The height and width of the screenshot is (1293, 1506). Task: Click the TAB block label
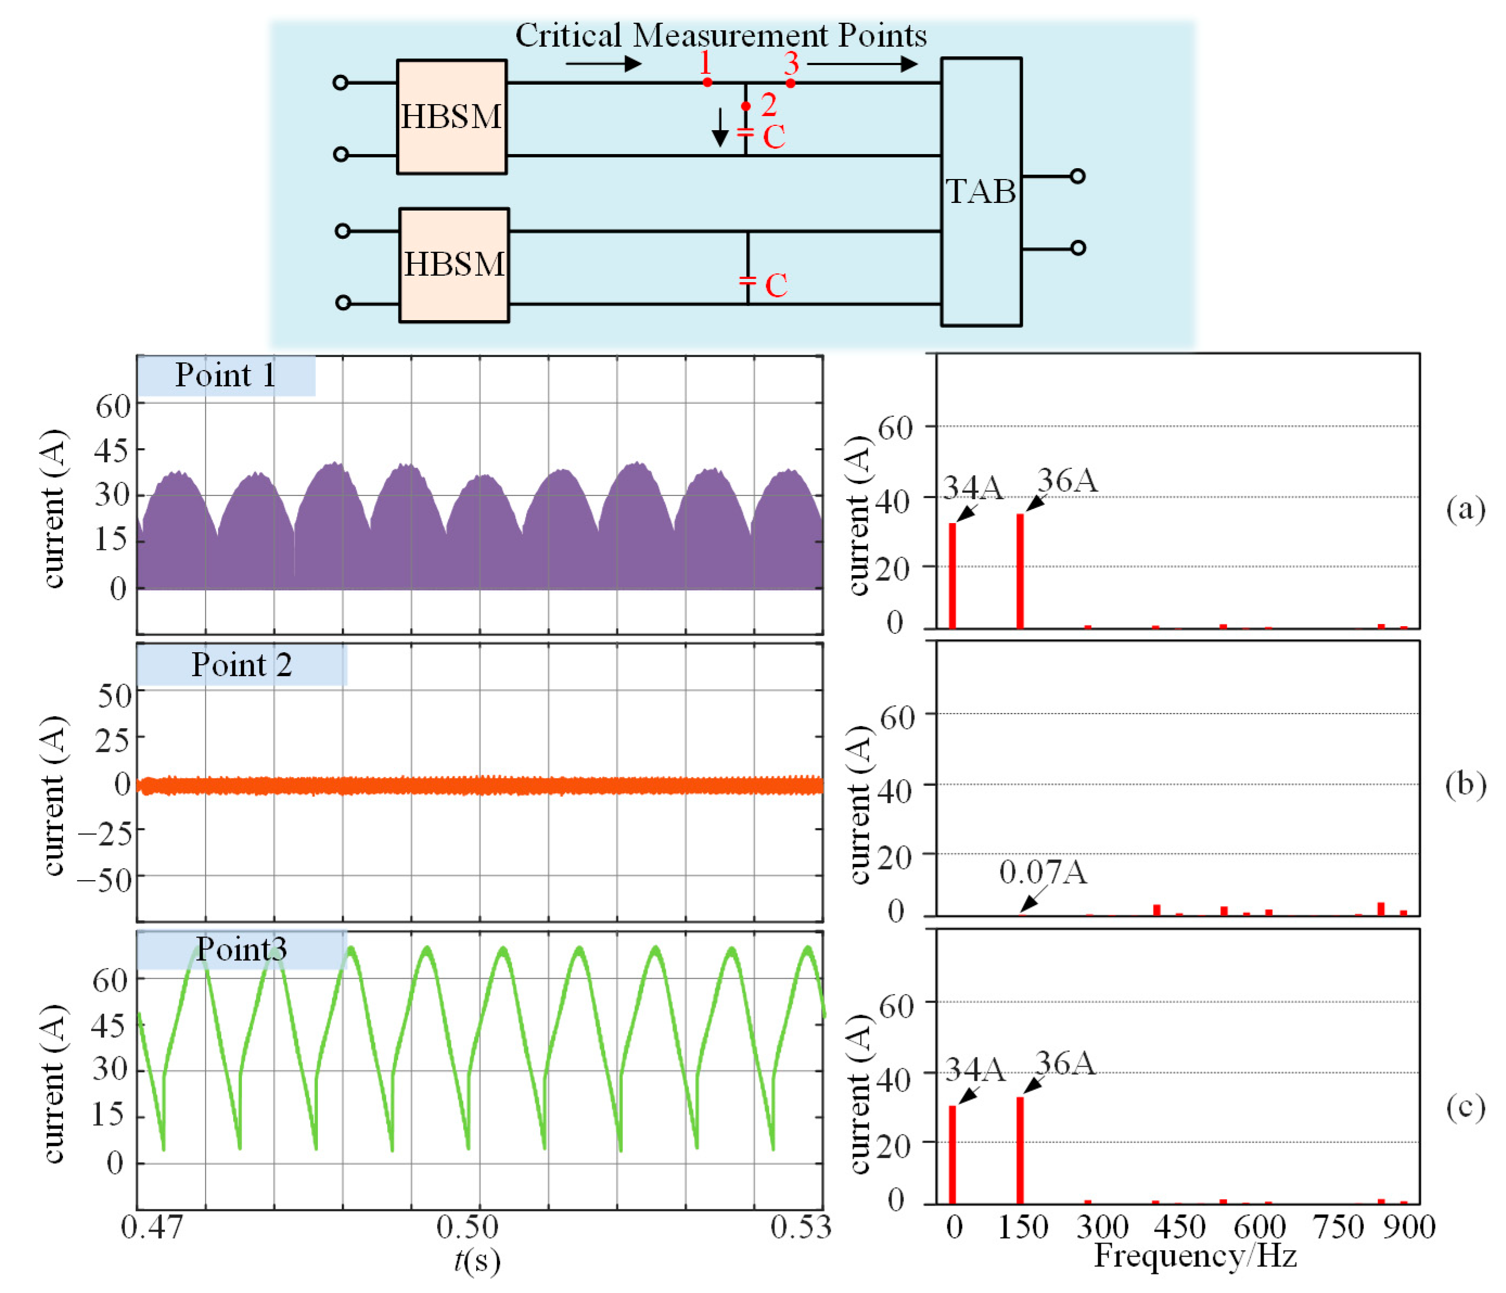[980, 191]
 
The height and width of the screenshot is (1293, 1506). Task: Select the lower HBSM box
[453, 265]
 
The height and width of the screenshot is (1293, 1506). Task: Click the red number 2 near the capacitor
[768, 105]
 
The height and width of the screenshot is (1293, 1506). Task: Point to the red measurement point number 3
[792, 64]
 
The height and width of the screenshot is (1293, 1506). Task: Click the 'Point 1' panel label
[225, 375]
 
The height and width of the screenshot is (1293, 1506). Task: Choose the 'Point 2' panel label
[241, 665]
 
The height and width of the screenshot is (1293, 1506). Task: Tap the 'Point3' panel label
[241, 949]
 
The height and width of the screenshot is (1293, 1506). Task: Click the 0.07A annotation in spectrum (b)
[1043, 872]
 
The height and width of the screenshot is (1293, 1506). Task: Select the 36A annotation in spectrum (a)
[1067, 481]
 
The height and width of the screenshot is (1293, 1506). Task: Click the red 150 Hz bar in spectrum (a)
[1020, 571]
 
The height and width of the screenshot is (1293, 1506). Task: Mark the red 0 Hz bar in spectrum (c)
[952, 1156]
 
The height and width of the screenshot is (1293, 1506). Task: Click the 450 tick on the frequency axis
[1179, 1227]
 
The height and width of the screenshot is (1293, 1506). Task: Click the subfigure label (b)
[1465, 785]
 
